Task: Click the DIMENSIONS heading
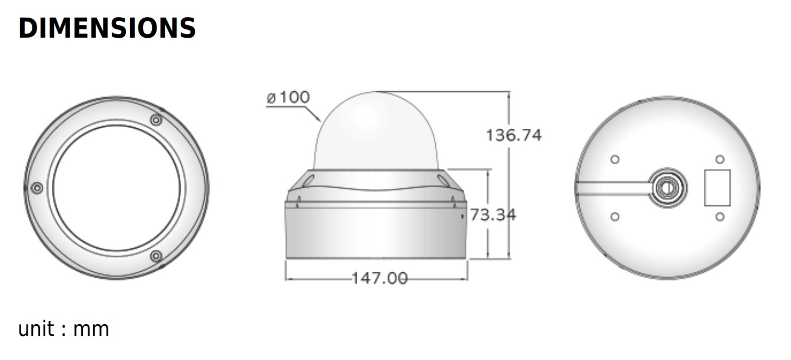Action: point(107,28)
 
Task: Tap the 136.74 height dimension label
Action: point(513,135)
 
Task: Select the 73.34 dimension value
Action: point(493,215)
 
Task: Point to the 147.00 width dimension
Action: point(379,278)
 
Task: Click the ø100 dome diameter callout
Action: point(288,98)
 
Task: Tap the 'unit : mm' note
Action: point(64,329)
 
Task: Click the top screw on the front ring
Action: point(156,120)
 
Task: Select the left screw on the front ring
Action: point(37,188)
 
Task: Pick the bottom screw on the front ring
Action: point(156,256)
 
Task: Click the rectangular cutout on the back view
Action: point(717,188)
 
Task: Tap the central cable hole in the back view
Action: point(667,188)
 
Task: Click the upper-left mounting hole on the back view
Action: point(615,159)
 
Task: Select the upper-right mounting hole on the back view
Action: point(719,159)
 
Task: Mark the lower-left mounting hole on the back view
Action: point(615,216)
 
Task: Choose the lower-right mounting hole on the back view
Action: point(719,216)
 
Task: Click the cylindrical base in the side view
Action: point(377,232)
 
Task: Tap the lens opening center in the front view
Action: point(117,188)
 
